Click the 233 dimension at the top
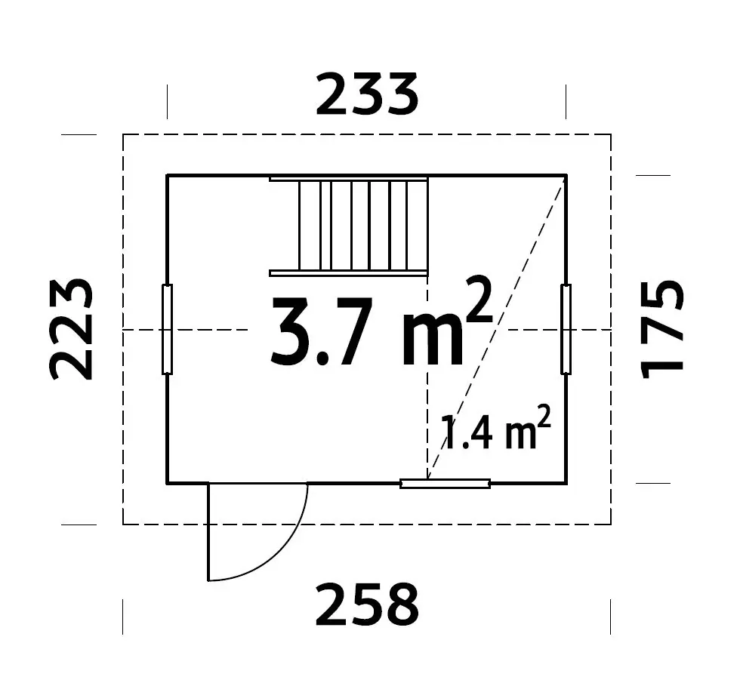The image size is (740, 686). pos(366,95)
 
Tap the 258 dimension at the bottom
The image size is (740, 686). pos(366,604)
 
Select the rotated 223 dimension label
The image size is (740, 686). pos(72,329)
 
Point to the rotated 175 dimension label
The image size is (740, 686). pos(662,329)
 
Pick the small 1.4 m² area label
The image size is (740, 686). pos(493,432)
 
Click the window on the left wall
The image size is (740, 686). pos(168,329)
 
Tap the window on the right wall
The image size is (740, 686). pos(566,329)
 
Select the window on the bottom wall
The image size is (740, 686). pos(445,483)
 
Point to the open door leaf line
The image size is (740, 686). pos(208,532)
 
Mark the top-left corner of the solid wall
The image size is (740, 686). pos(168,175)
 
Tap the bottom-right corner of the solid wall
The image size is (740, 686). pos(566,482)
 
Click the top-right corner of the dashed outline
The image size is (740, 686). pos(610,134)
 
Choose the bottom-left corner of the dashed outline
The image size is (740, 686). pos(123,524)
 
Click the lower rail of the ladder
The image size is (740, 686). pos(349,272)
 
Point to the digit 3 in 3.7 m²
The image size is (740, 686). pos(290,332)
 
